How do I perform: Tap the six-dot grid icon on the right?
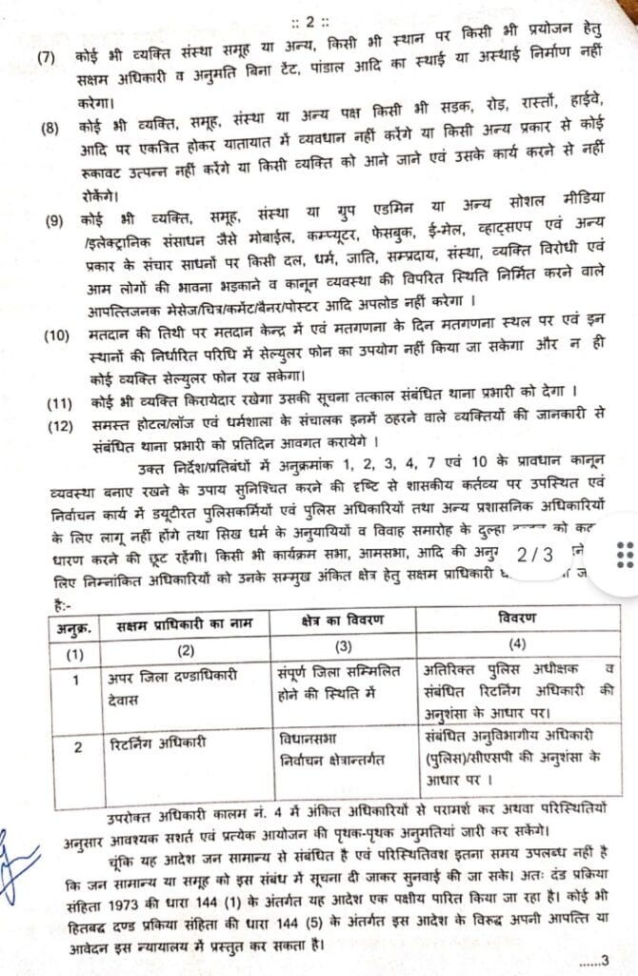[625, 554]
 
